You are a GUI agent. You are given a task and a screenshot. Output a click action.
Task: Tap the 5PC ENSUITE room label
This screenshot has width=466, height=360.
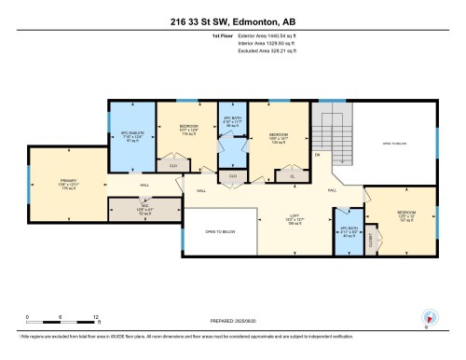coord(131,139)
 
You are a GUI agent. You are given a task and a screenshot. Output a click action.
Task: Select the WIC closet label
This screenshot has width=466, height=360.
coord(130,211)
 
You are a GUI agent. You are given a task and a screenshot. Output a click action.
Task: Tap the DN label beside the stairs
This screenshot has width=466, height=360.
coord(318,153)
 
